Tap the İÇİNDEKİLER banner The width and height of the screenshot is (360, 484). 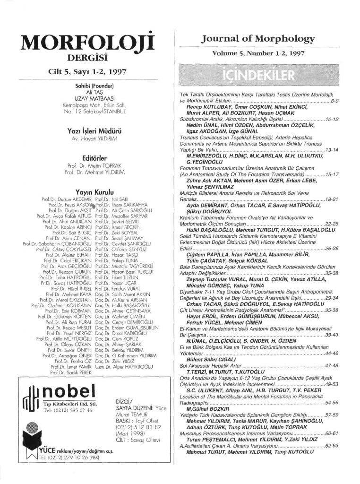[x=264, y=76]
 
